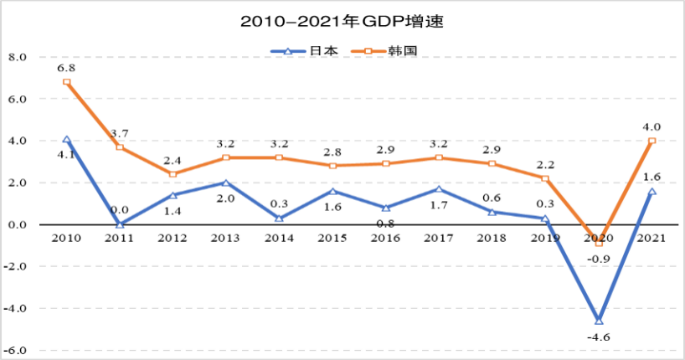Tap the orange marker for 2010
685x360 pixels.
tap(66, 82)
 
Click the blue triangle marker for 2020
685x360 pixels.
tap(599, 321)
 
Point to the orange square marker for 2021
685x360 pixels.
tap(652, 141)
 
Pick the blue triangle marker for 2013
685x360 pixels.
tap(226, 183)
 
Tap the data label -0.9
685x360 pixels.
tap(600, 259)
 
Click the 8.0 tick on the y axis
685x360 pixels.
tap(18, 57)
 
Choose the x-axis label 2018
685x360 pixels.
tap(492, 239)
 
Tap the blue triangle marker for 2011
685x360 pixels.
tap(120, 224)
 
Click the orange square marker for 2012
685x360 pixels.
tap(173, 174)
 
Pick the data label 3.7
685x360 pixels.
tap(121, 133)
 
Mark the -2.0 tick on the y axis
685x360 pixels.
tap(17, 266)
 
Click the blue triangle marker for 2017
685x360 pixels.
tap(439, 189)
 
